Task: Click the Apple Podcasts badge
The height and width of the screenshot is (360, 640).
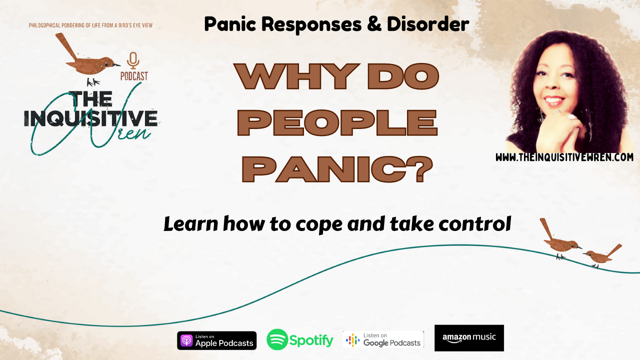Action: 217,340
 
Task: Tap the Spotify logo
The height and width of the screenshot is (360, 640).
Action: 300,339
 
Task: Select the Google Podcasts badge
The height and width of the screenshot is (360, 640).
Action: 383,339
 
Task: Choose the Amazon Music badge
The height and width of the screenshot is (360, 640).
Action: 469,338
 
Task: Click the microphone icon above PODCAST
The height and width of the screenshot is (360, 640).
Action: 133,60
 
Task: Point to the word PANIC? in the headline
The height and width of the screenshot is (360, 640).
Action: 337,169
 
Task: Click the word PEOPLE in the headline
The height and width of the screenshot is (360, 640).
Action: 337,122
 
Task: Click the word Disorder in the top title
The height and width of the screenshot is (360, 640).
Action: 428,24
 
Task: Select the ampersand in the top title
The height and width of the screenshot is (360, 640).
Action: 374,24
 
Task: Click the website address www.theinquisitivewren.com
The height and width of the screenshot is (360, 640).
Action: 564,157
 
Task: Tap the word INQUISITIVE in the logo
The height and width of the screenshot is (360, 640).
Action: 91,118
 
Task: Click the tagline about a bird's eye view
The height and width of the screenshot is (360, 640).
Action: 90,25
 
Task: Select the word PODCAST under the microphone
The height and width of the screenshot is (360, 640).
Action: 134,76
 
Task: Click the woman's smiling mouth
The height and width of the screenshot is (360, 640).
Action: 554,100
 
